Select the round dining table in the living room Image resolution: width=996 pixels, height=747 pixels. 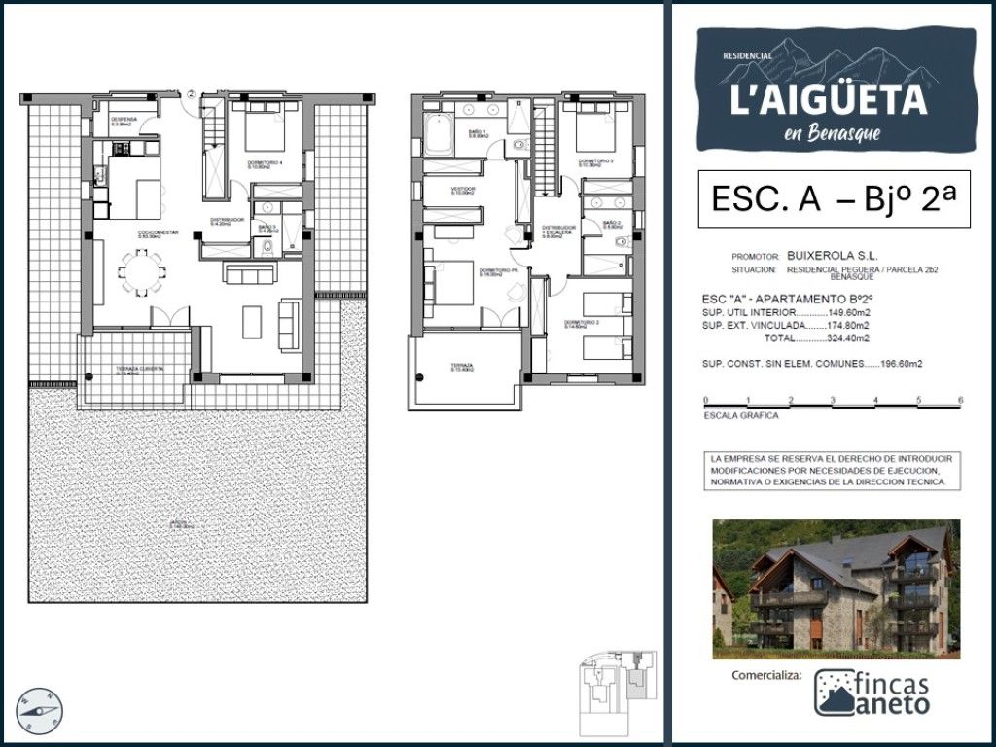click(142, 271)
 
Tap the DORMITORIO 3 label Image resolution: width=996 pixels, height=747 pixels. click(595, 162)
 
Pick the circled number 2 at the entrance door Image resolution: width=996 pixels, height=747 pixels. click(193, 93)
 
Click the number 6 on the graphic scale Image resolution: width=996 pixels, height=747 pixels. click(960, 400)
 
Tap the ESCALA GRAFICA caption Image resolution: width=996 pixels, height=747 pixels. click(741, 415)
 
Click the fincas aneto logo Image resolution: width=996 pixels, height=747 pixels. click(871, 693)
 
